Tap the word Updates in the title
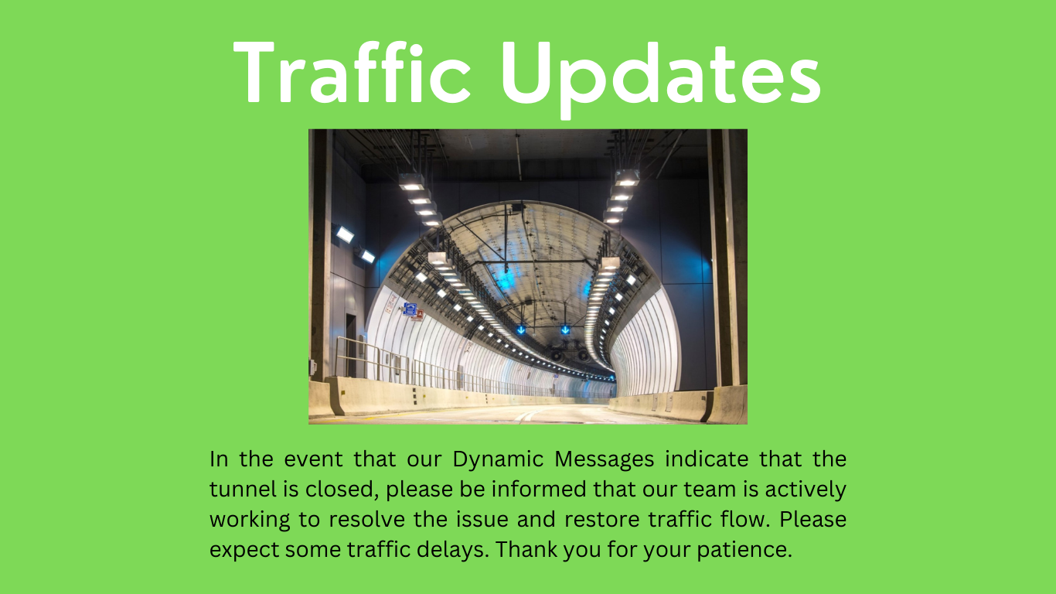click(x=661, y=74)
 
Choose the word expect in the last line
click(x=244, y=550)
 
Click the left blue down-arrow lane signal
click(x=521, y=329)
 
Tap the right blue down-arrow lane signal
click(x=565, y=329)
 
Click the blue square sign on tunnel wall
click(x=410, y=309)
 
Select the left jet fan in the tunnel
click(x=556, y=355)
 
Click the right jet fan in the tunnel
click(x=582, y=355)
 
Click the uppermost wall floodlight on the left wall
click(x=345, y=234)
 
